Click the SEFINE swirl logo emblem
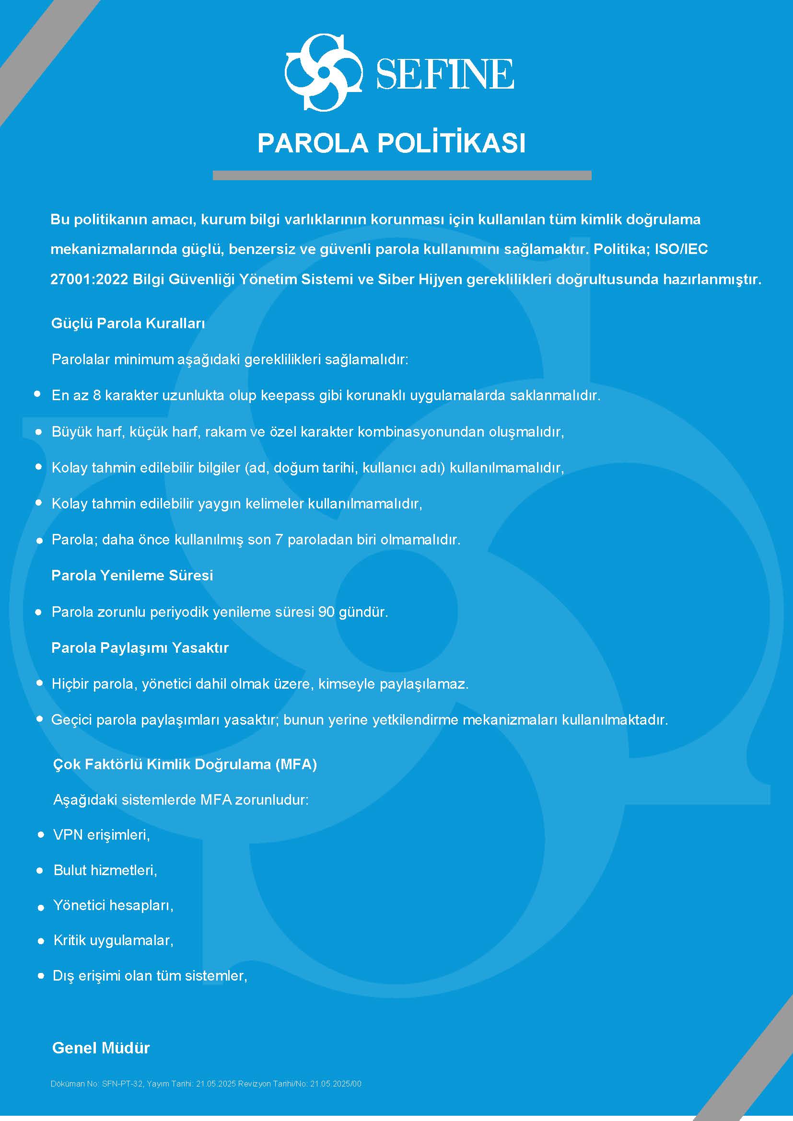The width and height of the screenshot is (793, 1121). pos(323,72)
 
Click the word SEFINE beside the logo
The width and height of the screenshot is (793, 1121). pos(445,74)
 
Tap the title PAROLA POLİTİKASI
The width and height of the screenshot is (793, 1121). pos(391,143)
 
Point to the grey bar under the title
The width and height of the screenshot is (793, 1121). pos(402,175)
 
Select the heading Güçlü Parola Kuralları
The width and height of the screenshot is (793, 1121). pos(128,323)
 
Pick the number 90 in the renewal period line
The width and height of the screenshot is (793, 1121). pos(326,612)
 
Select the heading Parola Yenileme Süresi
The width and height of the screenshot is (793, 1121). pos(132,575)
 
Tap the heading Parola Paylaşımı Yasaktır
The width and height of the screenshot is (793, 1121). pos(140,647)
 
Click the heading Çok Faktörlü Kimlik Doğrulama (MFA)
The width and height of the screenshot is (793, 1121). pos(185,764)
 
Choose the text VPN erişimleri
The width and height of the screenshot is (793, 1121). pos(101,835)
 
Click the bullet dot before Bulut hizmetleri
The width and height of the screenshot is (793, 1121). pos(40,870)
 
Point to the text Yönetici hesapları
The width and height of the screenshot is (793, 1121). pos(113,905)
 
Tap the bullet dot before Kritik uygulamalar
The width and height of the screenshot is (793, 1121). pos(41,941)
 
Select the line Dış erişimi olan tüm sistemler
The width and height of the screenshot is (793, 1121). pos(150,975)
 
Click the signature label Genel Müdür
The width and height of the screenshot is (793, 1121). pos(101,1048)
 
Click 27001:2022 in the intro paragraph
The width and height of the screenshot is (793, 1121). pos(89,279)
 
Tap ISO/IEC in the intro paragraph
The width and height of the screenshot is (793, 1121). pos(681,249)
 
